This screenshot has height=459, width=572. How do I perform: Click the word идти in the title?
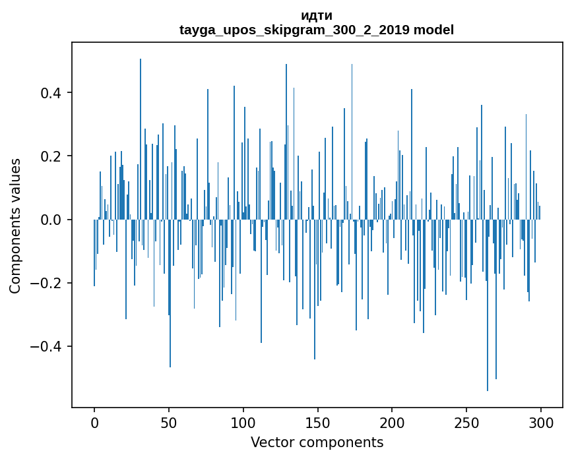(317, 16)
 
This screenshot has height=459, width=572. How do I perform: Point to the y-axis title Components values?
(15, 226)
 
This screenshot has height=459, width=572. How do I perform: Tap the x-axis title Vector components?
(317, 443)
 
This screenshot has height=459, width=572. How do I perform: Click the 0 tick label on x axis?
(94, 422)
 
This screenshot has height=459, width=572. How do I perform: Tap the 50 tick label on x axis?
(169, 422)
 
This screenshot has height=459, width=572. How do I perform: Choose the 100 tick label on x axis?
(243, 422)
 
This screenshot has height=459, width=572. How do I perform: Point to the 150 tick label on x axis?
(317, 422)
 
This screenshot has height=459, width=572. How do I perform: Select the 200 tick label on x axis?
(392, 422)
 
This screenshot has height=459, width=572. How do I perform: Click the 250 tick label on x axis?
(466, 422)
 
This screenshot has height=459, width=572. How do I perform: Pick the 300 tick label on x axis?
(540, 422)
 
